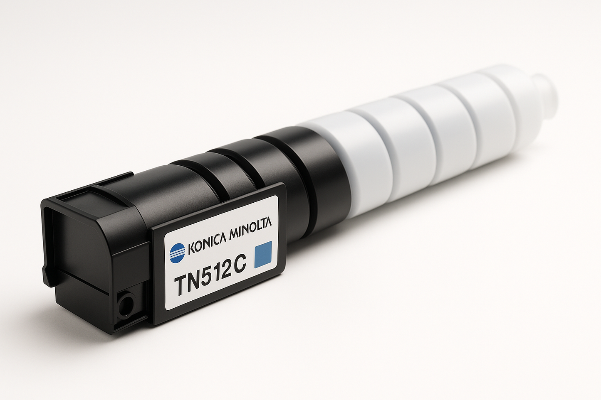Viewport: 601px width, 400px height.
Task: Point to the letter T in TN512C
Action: click(182, 285)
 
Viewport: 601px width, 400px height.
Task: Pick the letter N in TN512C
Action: click(196, 280)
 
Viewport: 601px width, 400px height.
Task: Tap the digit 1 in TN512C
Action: click(219, 272)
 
